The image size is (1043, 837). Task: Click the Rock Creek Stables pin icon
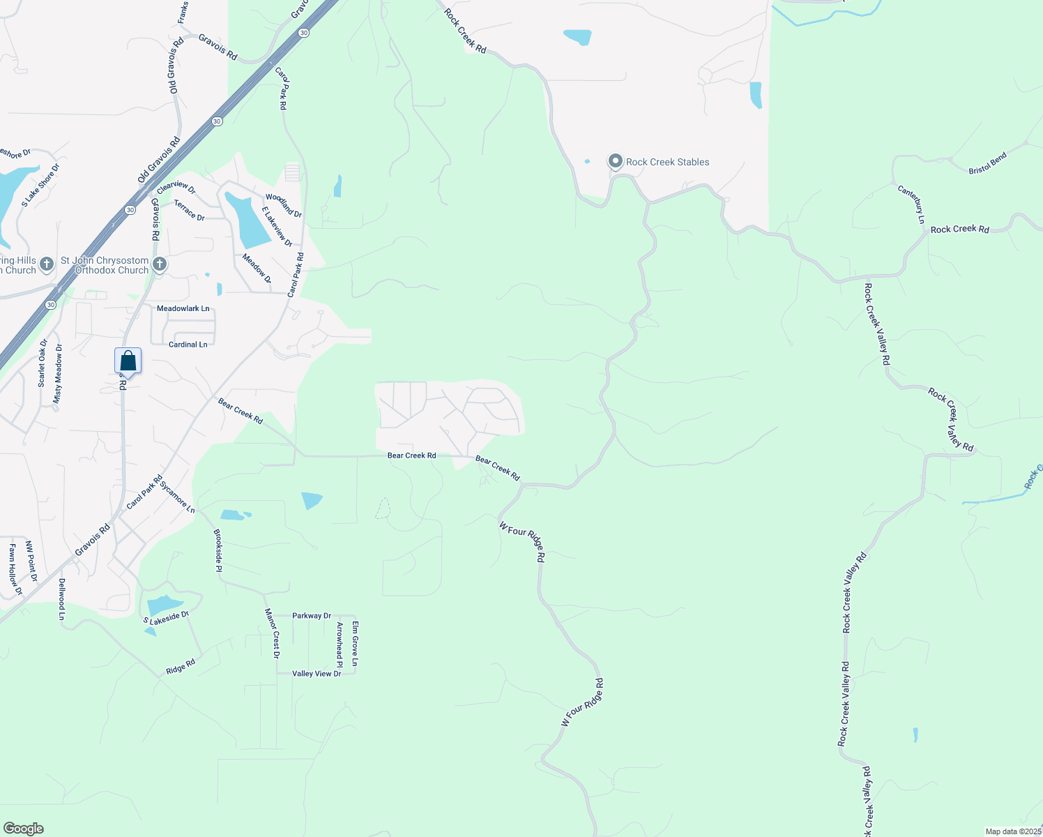pyautogui.click(x=615, y=162)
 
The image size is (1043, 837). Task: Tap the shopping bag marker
pyautogui.click(x=128, y=361)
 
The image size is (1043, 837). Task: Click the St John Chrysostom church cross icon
pyautogui.click(x=160, y=264)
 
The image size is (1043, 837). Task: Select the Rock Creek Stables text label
pyautogui.click(x=667, y=162)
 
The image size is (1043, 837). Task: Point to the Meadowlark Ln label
pyautogui.click(x=183, y=308)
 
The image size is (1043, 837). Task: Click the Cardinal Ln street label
pyautogui.click(x=188, y=345)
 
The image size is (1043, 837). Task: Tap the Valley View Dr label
pyautogui.click(x=317, y=674)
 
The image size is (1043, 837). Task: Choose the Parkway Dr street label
pyautogui.click(x=312, y=616)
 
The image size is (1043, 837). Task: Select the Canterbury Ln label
pyautogui.click(x=911, y=204)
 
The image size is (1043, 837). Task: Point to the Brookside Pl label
pyautogui.click(x=218, y=550)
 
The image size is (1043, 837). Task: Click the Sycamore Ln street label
pyautogui.click(x=177, y=497)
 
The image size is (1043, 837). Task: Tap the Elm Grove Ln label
pyautogui.click(x=355, y=643)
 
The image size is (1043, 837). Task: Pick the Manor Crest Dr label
pyautogui.click(x=271, y=633)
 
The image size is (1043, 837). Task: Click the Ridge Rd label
pyautogui.click(x=181, y=668)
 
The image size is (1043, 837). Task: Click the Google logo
pyautogui.click(x=24, y=829)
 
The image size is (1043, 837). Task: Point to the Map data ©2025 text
pyautogui.click(x=1012, y=831)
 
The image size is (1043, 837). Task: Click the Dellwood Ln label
pyautogui.click(x=61, y=599)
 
